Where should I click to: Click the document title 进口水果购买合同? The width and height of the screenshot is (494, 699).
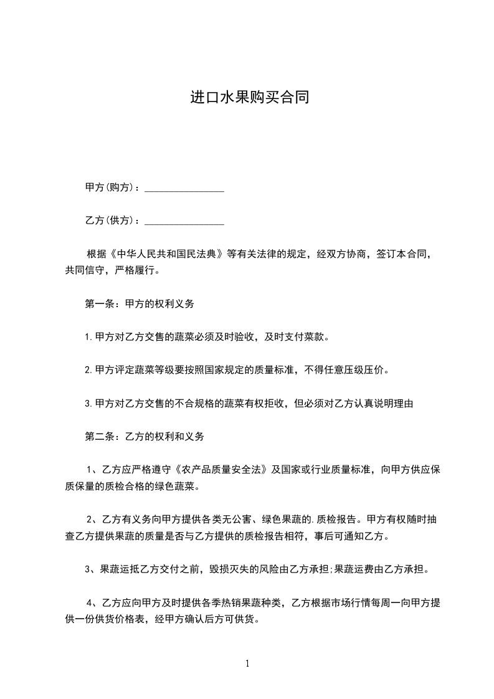tap(249, 98)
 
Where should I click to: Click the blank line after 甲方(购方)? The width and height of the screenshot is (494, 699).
tap(184, 188)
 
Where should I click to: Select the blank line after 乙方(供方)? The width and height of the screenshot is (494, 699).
tap(184, 221)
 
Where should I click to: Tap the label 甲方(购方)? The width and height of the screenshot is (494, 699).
tap(108, 188)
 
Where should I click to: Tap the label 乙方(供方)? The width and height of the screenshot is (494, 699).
tap(108, 221)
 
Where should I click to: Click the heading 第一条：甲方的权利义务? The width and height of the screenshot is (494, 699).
tap(140, 304)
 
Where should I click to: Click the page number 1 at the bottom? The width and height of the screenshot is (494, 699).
tap(247, 663)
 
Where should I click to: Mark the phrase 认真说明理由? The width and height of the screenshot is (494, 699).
tap(382, 403)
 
